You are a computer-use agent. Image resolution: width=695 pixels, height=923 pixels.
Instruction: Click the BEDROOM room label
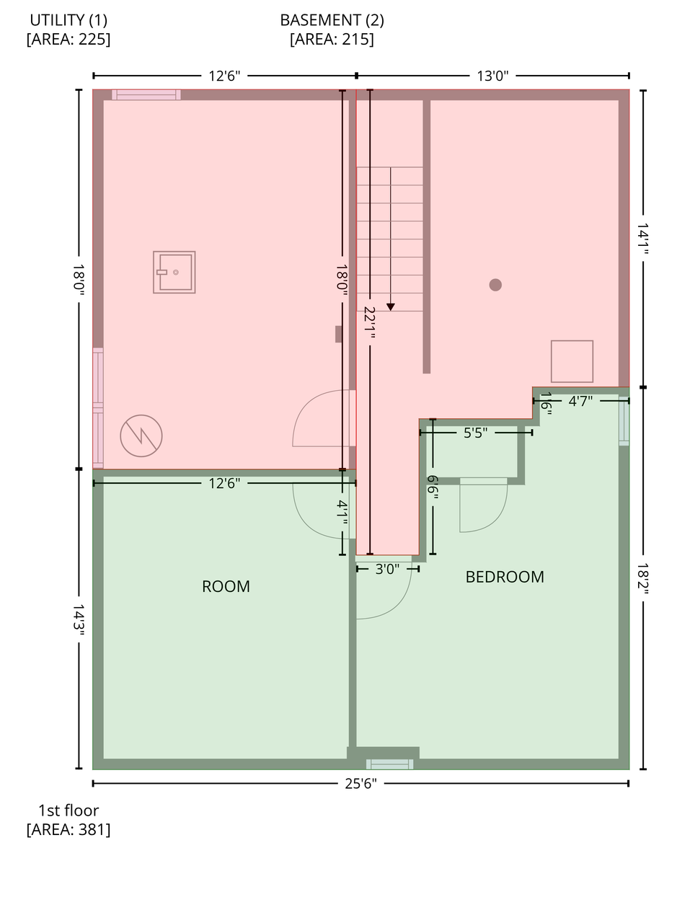point(505,576)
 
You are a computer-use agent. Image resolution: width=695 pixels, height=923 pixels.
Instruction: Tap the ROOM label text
point(226,586)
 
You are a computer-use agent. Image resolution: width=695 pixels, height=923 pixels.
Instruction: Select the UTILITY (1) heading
point(68,19)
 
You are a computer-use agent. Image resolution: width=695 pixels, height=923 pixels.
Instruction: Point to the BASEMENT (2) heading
point(332,19)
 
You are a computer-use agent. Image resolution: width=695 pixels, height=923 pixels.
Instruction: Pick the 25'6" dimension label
point(360,783)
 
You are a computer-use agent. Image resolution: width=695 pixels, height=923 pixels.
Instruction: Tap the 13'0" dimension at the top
point(492,76)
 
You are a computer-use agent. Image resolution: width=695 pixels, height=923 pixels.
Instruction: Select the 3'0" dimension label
point(387,569)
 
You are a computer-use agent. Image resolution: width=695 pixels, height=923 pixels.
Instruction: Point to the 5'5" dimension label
point(475,433)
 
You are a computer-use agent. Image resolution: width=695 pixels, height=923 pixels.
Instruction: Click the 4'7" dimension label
point(580,401)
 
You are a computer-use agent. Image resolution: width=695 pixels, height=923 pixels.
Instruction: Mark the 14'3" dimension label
point(79,620)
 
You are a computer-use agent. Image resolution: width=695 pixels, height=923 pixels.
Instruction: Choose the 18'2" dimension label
point(643,578)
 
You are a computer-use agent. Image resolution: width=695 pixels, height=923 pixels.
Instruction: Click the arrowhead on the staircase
point(391,307)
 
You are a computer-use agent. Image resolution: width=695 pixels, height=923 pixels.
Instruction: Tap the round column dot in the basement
point(495,285)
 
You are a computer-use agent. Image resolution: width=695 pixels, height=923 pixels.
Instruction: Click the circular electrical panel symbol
point(141,436)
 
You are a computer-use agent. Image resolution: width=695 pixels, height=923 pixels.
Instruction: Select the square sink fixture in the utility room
point(174,272)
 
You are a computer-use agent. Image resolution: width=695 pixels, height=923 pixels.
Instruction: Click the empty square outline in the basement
point(572,361)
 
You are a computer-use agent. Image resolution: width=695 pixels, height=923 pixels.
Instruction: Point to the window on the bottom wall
point(389,764)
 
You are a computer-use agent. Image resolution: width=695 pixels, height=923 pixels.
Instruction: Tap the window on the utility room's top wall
point(146,94)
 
